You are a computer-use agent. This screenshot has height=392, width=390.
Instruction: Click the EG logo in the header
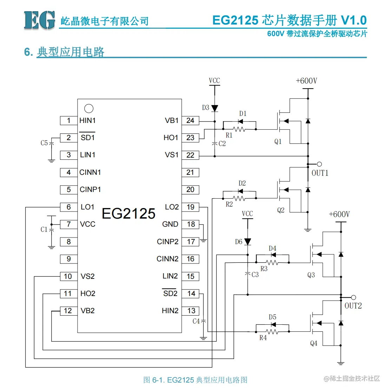[39, 20]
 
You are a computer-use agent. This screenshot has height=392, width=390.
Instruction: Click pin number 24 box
[190, 121]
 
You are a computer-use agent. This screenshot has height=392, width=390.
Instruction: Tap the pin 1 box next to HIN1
[68, 121]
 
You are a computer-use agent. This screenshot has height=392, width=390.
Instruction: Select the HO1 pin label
[171, 138]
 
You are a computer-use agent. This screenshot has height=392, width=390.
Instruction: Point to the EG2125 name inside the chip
[128, 213]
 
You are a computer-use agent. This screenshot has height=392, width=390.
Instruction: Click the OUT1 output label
[320, 173]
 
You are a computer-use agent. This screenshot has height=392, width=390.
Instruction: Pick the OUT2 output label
[353, 306]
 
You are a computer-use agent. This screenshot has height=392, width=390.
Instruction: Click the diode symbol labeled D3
[214, 108]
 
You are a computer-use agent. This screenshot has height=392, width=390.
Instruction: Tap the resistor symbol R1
[239, 129]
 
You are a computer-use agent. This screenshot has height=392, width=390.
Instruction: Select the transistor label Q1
[278, 142]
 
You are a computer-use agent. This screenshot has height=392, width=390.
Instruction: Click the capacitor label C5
[44, 143]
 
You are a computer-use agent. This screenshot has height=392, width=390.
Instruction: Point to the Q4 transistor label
[314, 343]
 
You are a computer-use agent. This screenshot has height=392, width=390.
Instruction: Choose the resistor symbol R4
[272, 331]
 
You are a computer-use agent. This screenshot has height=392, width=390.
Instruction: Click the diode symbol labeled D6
[247, 242]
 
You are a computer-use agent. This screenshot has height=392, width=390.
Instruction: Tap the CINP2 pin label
[167, 242]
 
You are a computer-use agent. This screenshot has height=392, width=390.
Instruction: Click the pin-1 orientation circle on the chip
[89, 109]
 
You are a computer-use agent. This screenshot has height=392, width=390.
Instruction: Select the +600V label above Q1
[306, 81]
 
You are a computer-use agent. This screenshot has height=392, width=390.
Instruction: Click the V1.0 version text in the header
[353, 20]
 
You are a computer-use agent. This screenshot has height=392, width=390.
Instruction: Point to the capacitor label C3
[255, 275]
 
